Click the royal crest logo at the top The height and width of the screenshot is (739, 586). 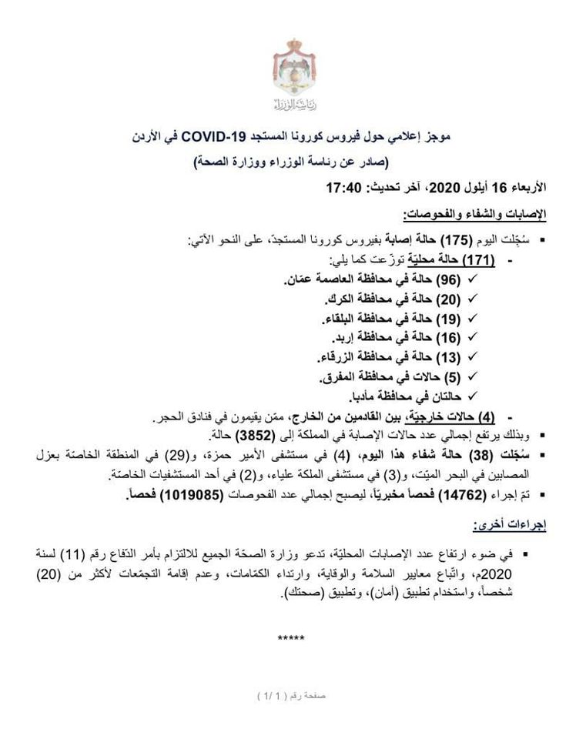pos(293,73)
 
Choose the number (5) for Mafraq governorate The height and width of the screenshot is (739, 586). pos(451,377)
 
